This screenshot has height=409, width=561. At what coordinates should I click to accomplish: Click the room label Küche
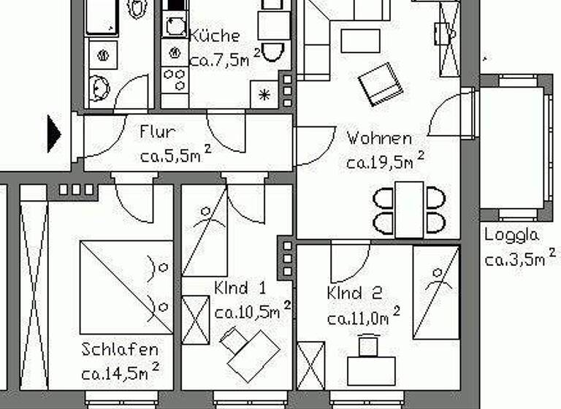click(x=214, y=36)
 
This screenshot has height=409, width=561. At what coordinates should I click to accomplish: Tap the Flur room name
click(x=157, y=132)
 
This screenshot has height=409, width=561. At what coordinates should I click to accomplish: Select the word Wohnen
click(x=378, y=137)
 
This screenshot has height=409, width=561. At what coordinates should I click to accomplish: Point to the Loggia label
click(x=511, y=235)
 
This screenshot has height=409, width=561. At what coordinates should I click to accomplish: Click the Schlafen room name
click(x=120, y=349)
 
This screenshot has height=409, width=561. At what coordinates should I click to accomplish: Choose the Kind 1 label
click(x=240, y=287)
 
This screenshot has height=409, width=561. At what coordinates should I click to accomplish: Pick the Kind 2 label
click(x=355, y=294)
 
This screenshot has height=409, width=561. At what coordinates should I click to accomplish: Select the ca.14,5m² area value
click(x=119, y=374)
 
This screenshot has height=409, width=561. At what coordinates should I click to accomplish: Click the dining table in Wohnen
click(x=408, y=209)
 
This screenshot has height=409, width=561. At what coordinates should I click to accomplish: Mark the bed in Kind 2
click(x=436, y=292)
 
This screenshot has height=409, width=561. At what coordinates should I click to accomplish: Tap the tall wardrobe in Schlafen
click(x=33, y=292)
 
